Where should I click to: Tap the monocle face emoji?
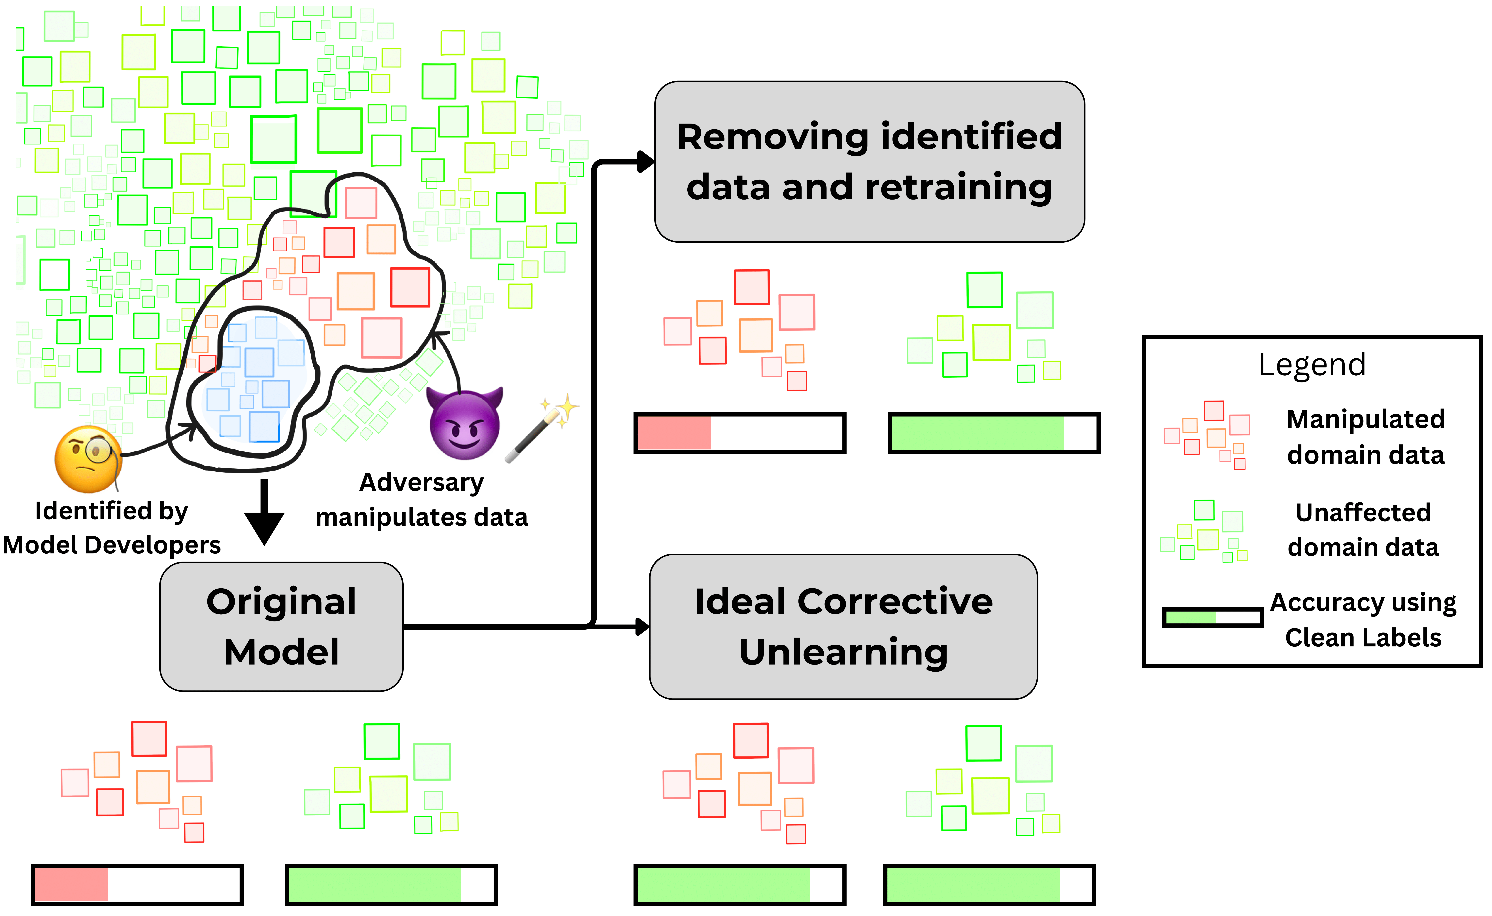click(x=88, y=459)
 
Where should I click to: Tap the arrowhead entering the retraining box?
click(x=646, y=162)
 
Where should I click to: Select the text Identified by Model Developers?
click(x=112, y=528)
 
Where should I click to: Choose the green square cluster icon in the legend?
click(x=1204, y=531)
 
